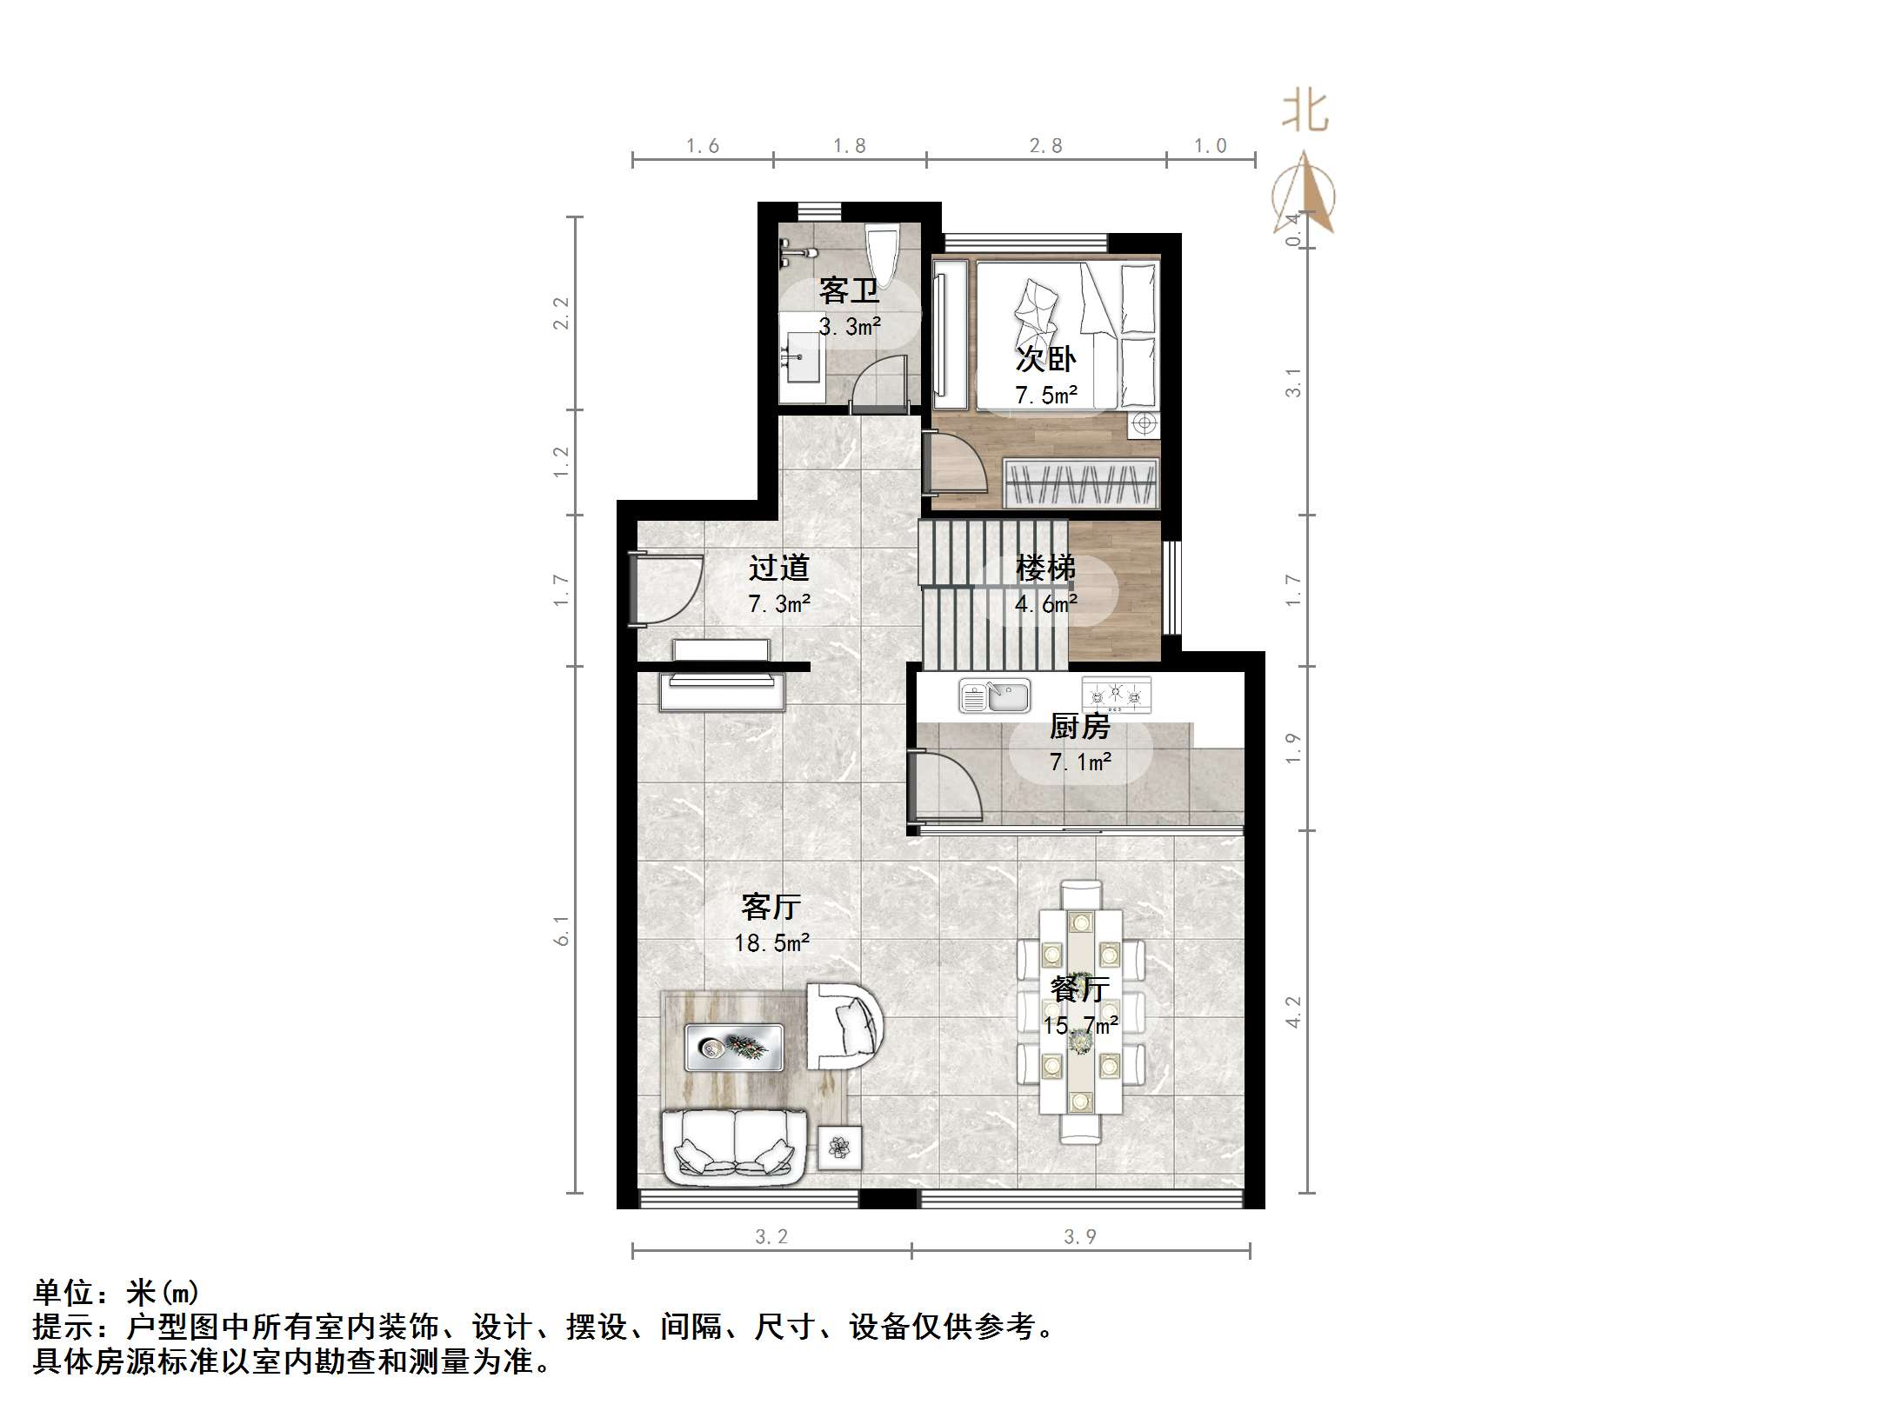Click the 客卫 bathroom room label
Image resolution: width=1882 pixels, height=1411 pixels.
849,290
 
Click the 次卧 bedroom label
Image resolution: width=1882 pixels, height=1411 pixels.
1046,358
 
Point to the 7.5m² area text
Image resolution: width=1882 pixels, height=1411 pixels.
1046,396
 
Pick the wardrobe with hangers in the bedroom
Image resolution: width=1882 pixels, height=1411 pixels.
1081,483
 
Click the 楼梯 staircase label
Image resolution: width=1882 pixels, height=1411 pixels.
1046,568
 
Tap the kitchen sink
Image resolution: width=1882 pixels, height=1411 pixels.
995,696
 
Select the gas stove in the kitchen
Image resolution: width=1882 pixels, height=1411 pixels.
1116,695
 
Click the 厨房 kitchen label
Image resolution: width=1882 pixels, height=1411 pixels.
1080,725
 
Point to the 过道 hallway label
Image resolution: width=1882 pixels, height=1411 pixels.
779,568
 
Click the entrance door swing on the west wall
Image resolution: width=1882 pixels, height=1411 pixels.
665,590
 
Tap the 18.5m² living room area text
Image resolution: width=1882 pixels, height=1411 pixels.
772,943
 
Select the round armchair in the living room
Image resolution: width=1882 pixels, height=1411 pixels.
844,1026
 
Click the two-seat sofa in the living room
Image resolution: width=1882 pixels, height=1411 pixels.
735,1148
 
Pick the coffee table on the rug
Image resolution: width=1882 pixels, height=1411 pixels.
734,1047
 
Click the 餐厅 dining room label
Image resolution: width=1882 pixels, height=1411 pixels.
1080,988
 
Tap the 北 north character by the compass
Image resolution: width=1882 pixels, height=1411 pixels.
1305,112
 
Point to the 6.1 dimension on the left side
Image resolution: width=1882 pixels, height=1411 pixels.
563,930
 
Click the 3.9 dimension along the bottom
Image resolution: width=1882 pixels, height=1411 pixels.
1080,1236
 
